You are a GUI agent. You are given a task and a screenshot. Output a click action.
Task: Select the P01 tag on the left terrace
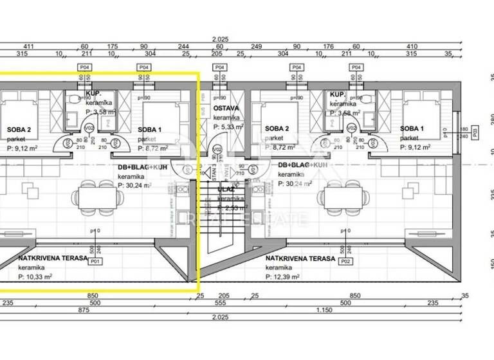(x=95, y=262)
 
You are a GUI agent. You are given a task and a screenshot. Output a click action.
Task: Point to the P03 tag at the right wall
(x=475, y=134)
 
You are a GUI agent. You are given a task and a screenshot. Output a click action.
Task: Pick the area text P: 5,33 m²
(x=228, y=127)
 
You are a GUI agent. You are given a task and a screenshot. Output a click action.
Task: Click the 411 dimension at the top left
(x=28, y=46)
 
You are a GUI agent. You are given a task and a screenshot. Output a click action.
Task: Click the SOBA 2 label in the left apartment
(x=19, y=129)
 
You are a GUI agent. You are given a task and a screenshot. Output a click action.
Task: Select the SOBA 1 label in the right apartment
(x=412, y=129)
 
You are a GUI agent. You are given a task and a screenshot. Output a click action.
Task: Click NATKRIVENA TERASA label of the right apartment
(x=300, y=258)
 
